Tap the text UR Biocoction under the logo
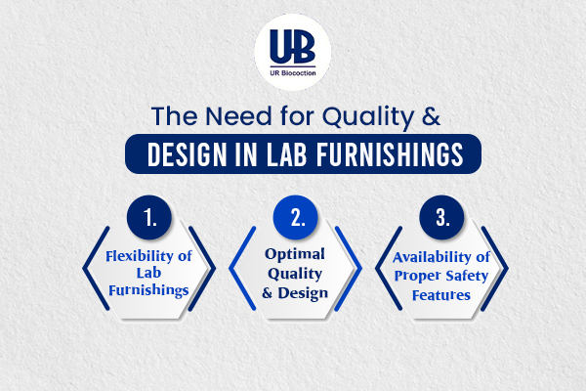click(x=292, y=71)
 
